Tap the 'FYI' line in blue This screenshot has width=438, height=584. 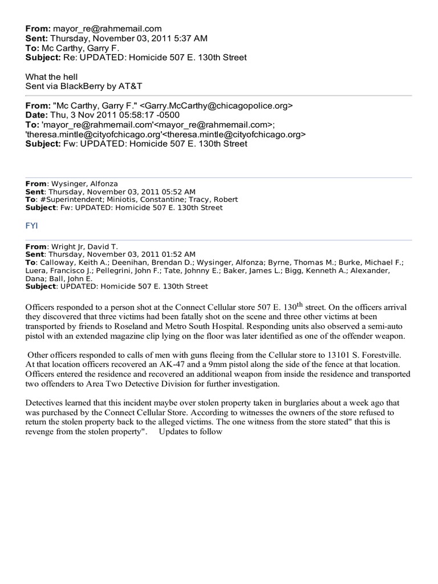[31, 226]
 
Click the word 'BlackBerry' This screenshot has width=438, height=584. [86, 86]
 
